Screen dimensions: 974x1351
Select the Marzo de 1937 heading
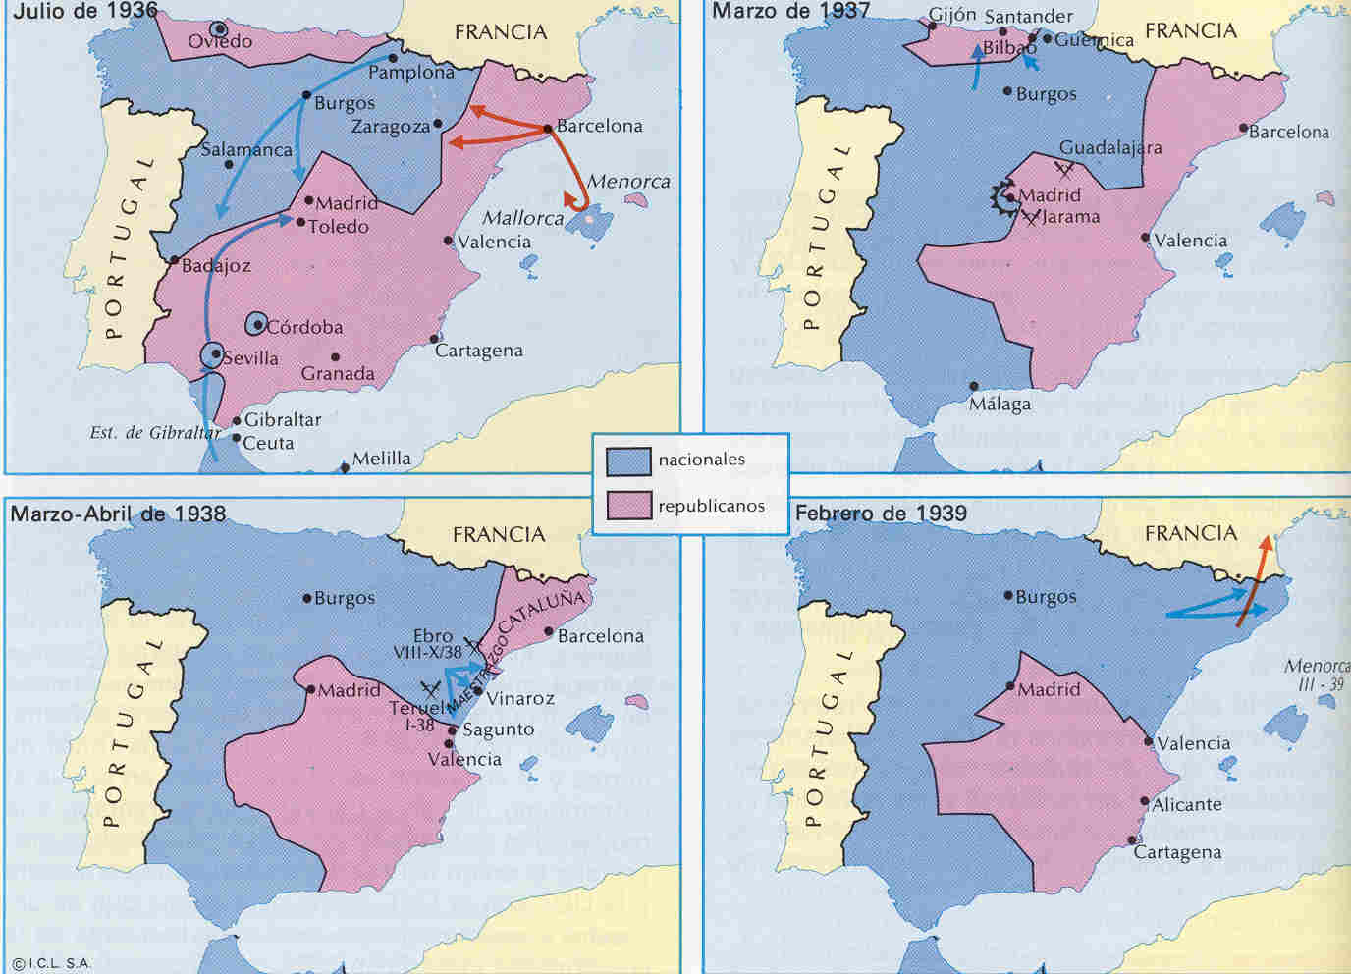(x=790, y=12)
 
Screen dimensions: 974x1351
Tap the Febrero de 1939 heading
(x=881, y=513)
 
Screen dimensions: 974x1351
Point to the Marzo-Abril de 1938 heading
(x=118, y=514)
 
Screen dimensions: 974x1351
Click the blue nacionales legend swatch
(x=628, y=460)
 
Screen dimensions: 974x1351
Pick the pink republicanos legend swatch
(x=628, y=506)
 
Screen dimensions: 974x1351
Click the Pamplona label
(x=411, y=73)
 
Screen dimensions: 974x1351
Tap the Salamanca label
(x=246, y=150)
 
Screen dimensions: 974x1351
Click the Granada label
(x=338, y=374)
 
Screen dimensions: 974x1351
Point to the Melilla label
(x=381, y=459)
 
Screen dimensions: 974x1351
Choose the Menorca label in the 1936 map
(x=628, y=182)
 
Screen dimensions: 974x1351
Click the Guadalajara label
(x=1110, y=148)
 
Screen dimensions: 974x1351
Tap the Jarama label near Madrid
(x=1070, y=217)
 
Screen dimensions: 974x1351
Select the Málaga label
(x=1000, y=404)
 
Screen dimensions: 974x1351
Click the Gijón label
(x=952, y=16)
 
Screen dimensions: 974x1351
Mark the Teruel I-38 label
(x=416, y=717)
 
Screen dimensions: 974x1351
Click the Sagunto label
(x=498, y=730)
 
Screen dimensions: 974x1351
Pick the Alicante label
(x=1186, y=805)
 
